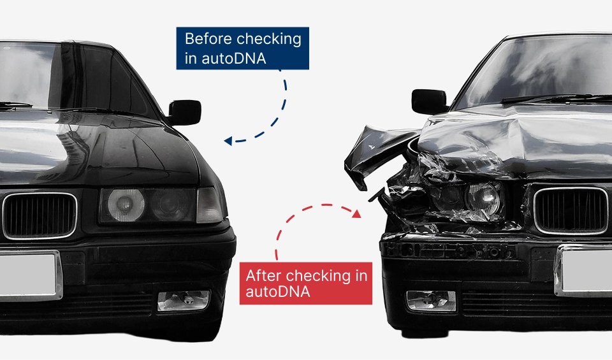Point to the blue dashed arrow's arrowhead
(228, 141)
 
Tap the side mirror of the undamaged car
(185, 112)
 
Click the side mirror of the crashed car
(428, 101)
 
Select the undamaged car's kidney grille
(39, 215)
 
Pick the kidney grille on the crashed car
(571, 210)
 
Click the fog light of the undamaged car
(184, 300)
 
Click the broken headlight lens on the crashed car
(483, 197)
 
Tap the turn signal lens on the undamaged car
(209, 205)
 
